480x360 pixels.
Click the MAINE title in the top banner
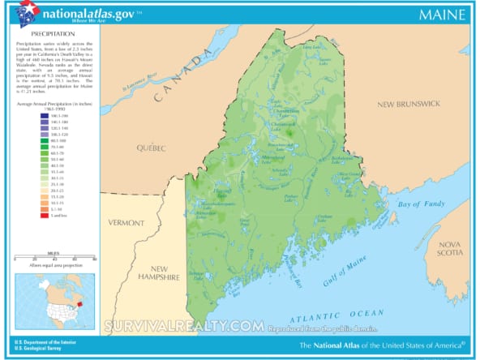point(442,15)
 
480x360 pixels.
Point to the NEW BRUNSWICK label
point(407,105)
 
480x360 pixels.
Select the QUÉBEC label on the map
point(151,148)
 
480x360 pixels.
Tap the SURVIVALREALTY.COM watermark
point(183,326)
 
